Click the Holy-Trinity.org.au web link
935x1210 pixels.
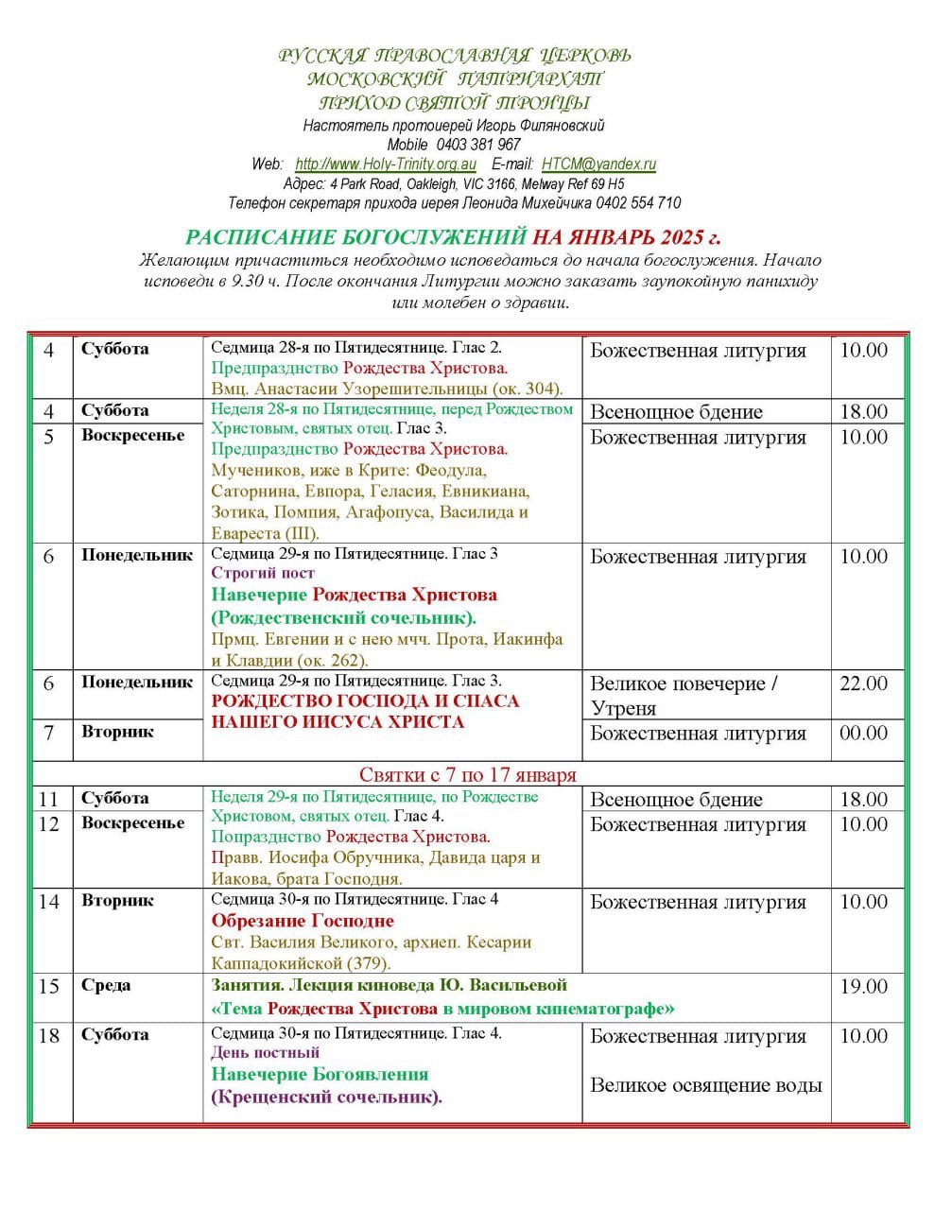386,164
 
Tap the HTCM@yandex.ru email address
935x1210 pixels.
598,164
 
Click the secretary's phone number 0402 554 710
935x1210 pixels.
638,203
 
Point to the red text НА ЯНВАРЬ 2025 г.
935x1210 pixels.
627,236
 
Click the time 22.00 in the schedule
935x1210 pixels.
863,683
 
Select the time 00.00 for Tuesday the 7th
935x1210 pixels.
863,734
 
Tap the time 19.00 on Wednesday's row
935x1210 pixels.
863,987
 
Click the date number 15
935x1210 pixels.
49,987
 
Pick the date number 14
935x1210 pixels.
49,902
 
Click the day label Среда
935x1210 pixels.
106,986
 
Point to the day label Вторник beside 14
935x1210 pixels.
117,901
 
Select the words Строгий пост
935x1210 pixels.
263,574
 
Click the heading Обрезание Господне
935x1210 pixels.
303,921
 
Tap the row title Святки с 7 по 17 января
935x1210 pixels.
468,775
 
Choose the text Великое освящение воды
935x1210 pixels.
705,1085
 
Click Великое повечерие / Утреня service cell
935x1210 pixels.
684,696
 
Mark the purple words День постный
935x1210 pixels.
266,1053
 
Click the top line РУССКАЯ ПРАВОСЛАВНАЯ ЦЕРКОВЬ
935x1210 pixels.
455,56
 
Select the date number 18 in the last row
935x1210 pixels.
49,1036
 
